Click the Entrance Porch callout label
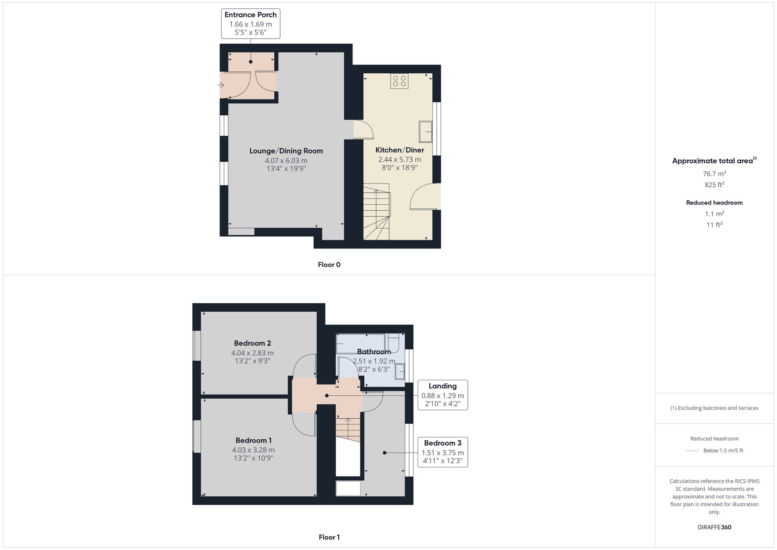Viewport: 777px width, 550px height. coord(251,24)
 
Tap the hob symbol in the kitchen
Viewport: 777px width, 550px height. coord(399,81)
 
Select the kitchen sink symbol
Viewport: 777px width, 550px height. coord(425,132)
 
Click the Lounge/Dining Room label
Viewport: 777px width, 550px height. coord(286,151)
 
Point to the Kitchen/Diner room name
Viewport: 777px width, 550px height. coord(399,150)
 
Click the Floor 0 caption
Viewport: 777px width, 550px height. coord(329,265)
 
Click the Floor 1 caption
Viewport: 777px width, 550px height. coord(329,537)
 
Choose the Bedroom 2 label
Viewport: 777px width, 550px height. coord(253,343)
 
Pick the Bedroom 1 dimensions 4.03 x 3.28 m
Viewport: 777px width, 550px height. coord(253,450)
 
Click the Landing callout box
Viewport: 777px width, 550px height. coord(443,395)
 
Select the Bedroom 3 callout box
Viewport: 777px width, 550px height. coord(443,452)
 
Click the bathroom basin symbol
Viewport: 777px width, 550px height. coord(400,371)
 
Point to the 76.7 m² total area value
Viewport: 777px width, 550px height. coord(714,174)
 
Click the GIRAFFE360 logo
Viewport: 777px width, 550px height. coord(714,527)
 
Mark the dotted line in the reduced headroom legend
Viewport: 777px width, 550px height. coord(692,451)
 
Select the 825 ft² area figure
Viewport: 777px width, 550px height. coord(714,185)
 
